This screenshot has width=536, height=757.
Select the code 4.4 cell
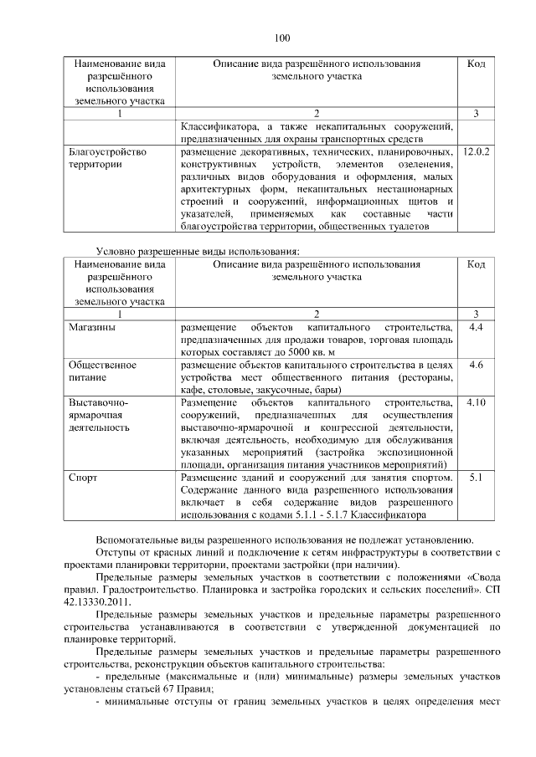pos(476,327)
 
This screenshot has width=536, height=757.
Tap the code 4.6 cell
pos(476,365)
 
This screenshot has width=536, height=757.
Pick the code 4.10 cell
pos(476,402)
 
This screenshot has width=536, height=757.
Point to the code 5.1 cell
pos(476,478)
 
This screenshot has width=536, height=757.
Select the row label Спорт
pos(83,478)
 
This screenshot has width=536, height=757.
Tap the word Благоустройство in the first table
pos(108,153)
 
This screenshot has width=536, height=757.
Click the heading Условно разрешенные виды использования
pos(198,250)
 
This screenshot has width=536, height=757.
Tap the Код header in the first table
pos(476,64)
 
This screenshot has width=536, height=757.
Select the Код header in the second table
pos(476,264)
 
